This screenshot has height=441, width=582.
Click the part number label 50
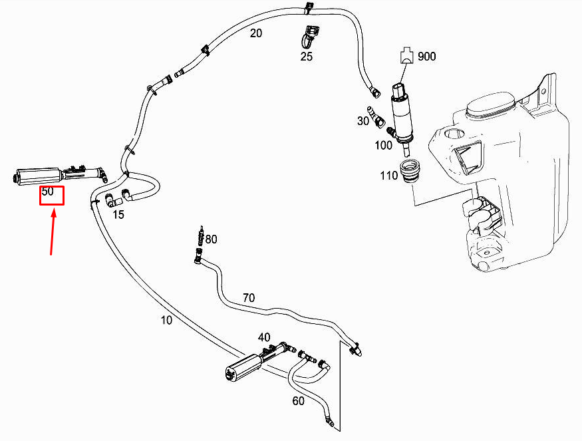pyautogui.click(x=47, y=192)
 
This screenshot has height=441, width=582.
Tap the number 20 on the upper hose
pyautogui.click(x=256, y=34)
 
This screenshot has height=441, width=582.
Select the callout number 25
pyautogui.click(x=306, y=57)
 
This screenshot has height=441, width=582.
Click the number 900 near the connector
pyautogui.click(x=426, y=57)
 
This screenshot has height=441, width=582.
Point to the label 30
pyautogui.click(x=363, y=120)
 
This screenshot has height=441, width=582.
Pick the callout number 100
pyautogui.click(x=383, y=145)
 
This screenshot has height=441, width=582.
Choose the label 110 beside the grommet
pyautogui.click(x=389, y=176)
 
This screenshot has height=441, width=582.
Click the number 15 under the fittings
pyautogui.click(x=118, y=214)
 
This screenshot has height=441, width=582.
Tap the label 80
pyautogui.click(x=211, y=239)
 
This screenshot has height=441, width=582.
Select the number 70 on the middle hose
pyautogui.click(x=247, y=298)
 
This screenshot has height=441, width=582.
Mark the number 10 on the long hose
pyautogui.click(x=166, y=320)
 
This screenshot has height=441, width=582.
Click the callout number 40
pyautogui.click(x=264, y=337)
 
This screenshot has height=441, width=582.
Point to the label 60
pyautogui.click(x=299, y=400)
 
